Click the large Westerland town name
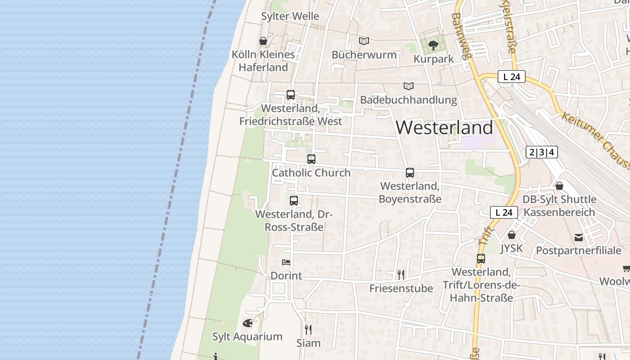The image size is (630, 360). [x=444, y=128]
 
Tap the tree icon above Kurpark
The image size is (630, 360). [x=433, y=45]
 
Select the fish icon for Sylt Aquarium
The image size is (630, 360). [x=247, y=323]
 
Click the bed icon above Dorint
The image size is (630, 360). [x=286, y=262]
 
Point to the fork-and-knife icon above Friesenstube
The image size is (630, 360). [x=400, y=274]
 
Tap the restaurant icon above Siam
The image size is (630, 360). [x=308, y=329]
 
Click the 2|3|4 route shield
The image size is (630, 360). [x=542, y=152]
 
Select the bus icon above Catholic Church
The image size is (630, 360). [x=311, y=159]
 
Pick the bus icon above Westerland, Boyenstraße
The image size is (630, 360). [x=409, y=172]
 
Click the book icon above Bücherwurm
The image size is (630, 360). [x=364, y=41]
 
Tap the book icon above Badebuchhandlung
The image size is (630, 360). [x=408, y=86]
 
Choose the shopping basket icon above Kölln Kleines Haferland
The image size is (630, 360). [x=263, y=41]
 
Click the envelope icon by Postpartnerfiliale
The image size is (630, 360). [x=579, y=237]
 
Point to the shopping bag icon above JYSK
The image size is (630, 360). [x=512, y=234]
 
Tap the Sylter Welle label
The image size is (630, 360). [x=290, y=16]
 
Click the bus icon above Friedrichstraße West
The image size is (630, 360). [x=291, y=95]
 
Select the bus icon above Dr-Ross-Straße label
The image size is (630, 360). [x=294, y=201]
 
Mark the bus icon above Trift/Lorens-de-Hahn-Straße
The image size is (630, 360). [x=481, y=259]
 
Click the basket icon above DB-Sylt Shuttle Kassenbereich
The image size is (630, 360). [x=559, y=185]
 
